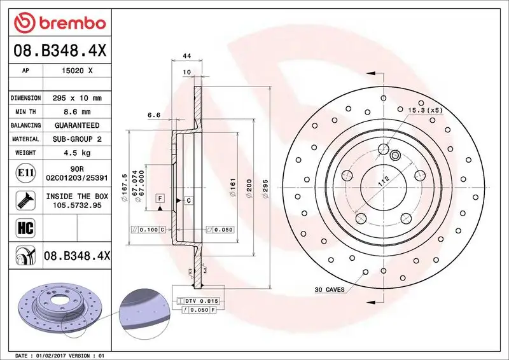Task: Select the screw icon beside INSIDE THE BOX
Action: pos(24,201)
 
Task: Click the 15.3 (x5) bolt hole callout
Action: pos(424,110)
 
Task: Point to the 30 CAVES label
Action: pos(329,289)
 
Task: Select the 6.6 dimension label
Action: pos(153,115)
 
